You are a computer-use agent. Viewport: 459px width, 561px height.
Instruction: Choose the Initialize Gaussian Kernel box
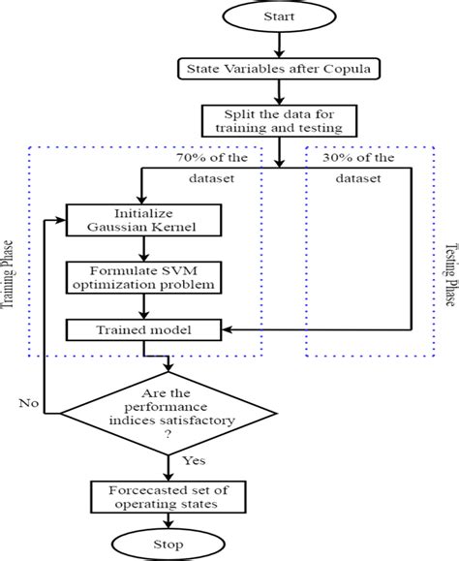[142, 220]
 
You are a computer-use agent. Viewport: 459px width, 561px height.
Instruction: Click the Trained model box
[142, 330]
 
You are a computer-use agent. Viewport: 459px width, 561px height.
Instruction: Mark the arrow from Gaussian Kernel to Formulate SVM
[142, 247]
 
